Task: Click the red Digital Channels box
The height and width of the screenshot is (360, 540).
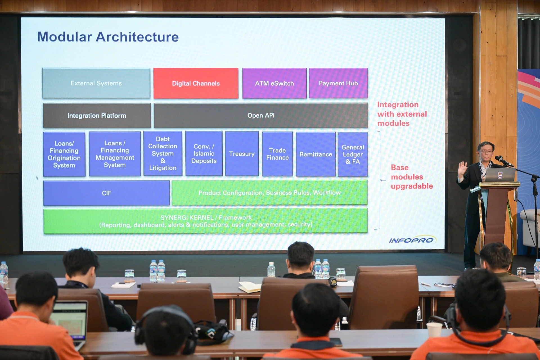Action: coord(196,83)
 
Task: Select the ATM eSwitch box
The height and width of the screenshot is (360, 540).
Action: coord(274,83)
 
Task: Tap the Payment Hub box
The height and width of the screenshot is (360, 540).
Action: coord(338,83)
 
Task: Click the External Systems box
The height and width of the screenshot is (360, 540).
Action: coord(96,83)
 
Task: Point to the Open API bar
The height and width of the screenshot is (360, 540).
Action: coord(261,116)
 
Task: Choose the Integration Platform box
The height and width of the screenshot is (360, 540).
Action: coord(97,116)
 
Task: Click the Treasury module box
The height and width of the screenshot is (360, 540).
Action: coord(242,154)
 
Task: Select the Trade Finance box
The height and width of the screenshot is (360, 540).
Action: coord(277,154)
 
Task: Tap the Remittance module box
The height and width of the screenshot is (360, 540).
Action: coord(316,154)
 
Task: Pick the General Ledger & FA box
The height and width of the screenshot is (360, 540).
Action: coord(353,154)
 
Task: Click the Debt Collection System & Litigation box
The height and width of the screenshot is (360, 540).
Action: coord(163,153)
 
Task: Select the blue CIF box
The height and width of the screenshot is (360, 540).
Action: coord(106,193)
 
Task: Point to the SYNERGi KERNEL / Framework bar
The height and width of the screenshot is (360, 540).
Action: coord(205,221)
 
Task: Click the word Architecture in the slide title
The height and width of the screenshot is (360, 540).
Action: coord(137,37)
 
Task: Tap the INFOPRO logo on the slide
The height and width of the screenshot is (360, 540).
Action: coord(412,240)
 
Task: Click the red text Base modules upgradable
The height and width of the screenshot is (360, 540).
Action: coord(411,177)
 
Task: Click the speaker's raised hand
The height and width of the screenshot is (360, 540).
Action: coord(462,168)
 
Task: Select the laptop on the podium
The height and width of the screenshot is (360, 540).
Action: coord(500,175)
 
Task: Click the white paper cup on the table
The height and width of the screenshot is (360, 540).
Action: coord(434,330)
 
